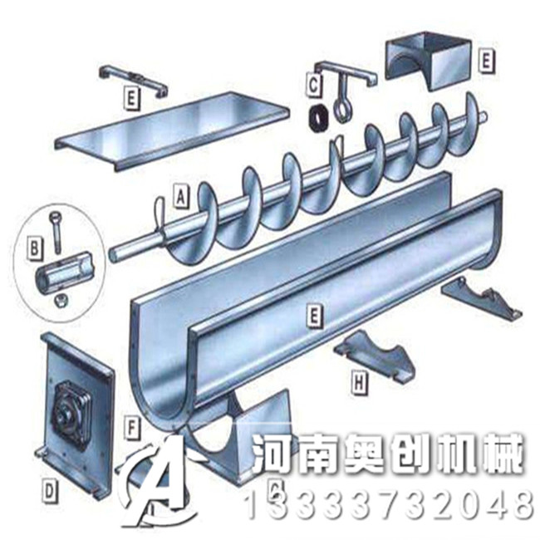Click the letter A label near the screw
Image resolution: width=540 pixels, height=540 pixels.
[180, 197]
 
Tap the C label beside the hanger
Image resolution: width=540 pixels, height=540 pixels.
[313, 84]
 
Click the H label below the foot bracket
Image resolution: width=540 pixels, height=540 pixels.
[358, 382]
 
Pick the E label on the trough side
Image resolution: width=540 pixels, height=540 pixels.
[314, 315]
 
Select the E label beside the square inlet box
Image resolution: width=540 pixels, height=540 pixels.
[487, 60]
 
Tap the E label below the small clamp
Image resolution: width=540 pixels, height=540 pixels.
[130, 96]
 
